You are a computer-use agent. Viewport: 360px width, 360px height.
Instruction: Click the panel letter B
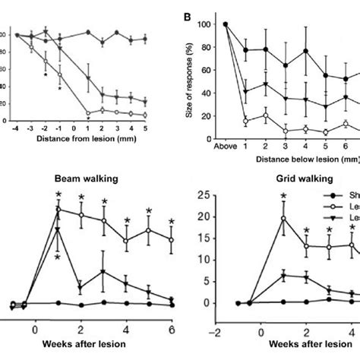pos(185,14)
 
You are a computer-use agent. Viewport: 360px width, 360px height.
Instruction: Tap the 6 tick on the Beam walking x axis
pos(172,331)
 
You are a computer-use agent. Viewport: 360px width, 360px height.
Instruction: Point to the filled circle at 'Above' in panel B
pos(226,24)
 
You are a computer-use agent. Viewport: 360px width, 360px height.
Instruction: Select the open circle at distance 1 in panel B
pos(245,121)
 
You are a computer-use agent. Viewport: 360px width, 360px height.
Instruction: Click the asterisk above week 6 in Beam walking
pos(172,222)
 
